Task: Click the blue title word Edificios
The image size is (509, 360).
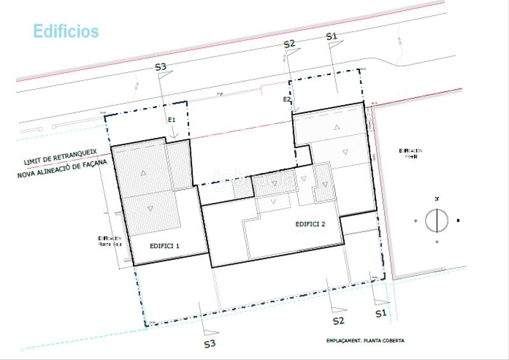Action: tap(66, 31)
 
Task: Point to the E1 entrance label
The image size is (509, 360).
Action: tap(171, 120)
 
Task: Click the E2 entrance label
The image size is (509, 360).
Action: tap(286, 99)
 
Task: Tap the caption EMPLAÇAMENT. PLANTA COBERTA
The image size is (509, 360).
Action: tap(361, 340)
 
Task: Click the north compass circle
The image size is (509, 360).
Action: tap(436, 221)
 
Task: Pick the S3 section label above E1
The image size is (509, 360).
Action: tap(161, 67)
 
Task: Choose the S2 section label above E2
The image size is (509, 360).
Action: tap(289, 44)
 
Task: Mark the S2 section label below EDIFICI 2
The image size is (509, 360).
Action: tap(338, 321)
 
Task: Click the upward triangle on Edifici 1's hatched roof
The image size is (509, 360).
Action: tap(144, 173)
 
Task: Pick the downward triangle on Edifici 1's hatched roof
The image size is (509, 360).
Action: tap(150, 208)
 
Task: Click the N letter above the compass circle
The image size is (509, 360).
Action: tap(436, 199)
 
